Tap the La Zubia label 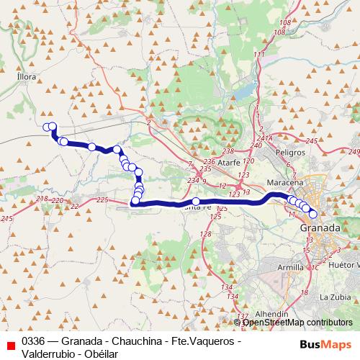[335, 297]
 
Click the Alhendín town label [272, 315]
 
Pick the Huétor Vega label [343, 265]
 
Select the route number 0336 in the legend [35, 341]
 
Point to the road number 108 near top [283, 23]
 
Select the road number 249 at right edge [354, 151]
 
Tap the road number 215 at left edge [8, 217]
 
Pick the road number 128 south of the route [205, 235]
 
